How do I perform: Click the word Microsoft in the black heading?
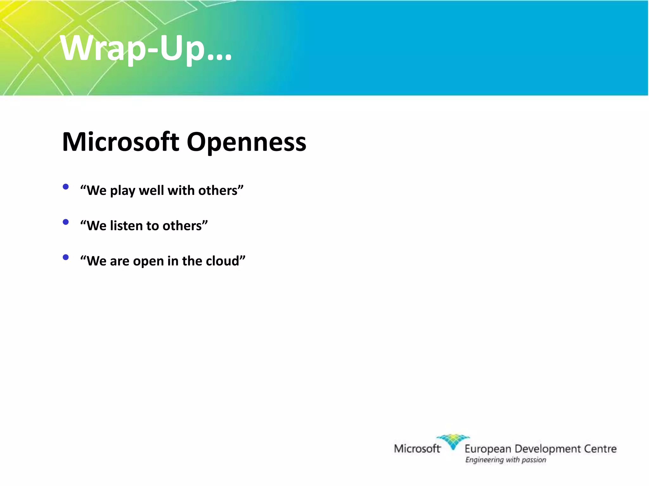coord(120,142)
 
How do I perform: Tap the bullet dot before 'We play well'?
coord(66,187)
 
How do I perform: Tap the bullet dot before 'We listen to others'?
coord(66,222)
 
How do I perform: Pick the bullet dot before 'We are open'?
coord(66,257)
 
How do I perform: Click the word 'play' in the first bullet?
coord(122,191)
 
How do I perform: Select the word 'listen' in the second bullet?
coord(125,226)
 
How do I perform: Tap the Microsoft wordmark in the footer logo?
coord(417,448)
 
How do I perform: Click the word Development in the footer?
coord(548,449)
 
